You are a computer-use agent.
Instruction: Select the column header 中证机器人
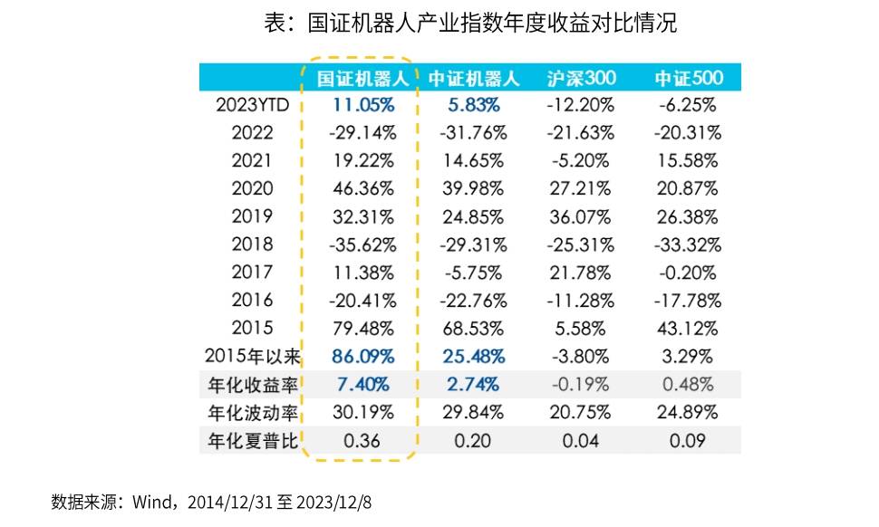tap(472, 77)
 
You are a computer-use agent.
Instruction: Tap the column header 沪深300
tap(581, 77)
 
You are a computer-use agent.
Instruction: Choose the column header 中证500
tap(686, 77)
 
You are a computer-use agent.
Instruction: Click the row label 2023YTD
tap(252, 104)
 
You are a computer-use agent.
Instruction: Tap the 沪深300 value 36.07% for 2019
tap(581, 216)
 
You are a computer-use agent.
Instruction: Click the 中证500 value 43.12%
tap(686, 328)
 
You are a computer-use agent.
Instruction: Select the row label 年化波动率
tap(252, 413)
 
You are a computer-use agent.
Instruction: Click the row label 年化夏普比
tap(252, 441)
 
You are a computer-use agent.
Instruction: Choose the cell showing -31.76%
tap(472, 133)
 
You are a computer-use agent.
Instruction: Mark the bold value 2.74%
tap(472, 385)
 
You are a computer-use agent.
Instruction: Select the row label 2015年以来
tap(252, 357)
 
